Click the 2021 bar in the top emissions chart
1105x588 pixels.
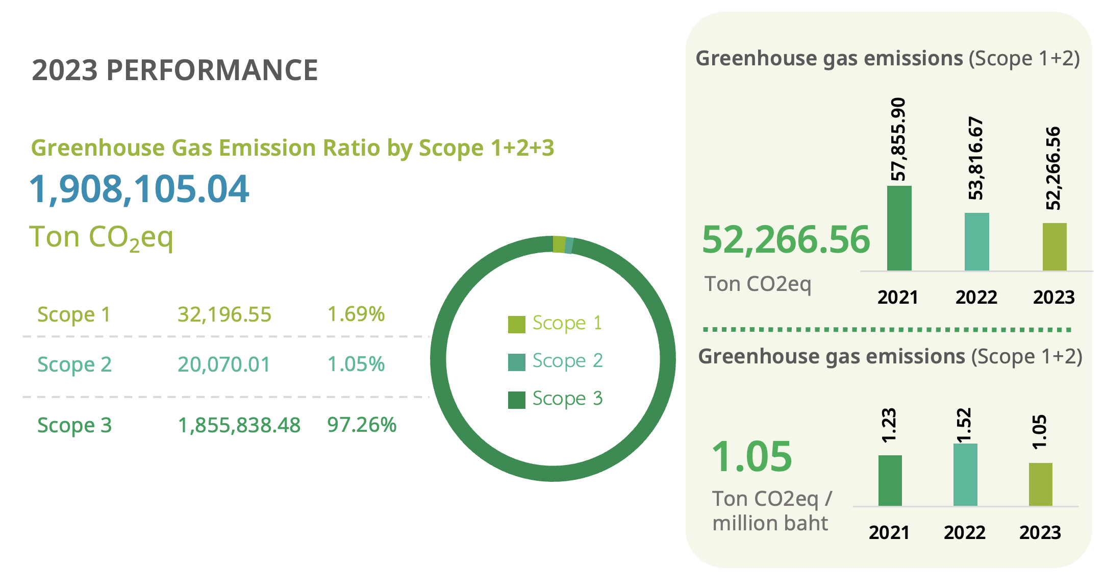(x=899, y=228)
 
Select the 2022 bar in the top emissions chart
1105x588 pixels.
(x=976, y=241)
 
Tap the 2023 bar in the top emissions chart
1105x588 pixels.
(x=1054, y=247)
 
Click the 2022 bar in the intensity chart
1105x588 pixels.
(x=965, y=475)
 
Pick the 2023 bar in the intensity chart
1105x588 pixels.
(x=1040, y=484)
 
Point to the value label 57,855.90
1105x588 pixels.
(x=898, y=139)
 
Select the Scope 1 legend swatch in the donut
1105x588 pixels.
(x=516, y=324)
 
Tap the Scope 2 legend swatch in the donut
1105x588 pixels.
(x=516, y=362)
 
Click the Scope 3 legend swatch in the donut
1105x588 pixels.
(x=516, y=400)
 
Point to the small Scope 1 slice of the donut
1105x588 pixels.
(x=559, y=244)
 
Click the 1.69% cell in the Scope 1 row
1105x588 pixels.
(x=356, y=314)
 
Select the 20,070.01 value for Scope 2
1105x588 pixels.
(x=224, y=364)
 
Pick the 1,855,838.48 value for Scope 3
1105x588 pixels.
(x=239, y=425)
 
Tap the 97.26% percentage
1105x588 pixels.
(x=361, y=425)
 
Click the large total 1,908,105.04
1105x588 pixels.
(x=139, y=189)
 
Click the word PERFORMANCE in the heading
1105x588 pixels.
(x=212, y=70)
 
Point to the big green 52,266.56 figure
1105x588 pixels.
(x=786, y=239)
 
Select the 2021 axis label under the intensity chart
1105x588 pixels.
(x=889, y=532)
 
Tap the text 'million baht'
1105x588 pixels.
(x=770, y=523)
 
